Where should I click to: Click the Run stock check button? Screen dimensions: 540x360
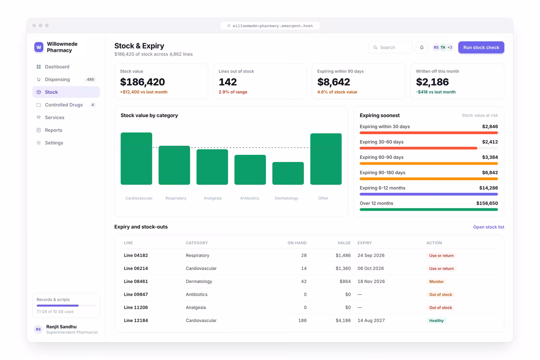point(481,48)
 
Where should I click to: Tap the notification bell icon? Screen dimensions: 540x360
point(422,48)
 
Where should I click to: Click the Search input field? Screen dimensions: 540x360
point(390,48)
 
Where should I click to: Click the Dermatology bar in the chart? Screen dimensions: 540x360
point(288,173)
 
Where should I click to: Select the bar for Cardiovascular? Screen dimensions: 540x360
point(136,159)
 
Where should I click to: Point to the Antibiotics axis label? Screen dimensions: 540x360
point(249,198)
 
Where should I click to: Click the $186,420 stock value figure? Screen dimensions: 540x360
point(143,82)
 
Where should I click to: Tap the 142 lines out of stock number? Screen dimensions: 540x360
point(228,82)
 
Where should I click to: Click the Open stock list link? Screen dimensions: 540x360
point(488,227)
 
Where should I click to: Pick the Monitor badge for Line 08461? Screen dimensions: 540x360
point(436,282)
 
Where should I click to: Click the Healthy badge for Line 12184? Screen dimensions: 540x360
point(436,321)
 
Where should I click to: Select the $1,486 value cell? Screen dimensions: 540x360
point(343,256)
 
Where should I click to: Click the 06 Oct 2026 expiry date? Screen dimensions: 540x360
point(370,269)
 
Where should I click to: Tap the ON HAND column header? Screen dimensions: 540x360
point(297,243)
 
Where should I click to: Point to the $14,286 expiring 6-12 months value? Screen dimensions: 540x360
point(488,188)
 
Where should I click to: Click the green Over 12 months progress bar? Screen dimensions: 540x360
point(428,210)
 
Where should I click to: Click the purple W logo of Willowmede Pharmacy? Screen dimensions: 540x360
point(39,47)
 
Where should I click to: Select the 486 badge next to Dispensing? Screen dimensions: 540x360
point(90,80)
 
